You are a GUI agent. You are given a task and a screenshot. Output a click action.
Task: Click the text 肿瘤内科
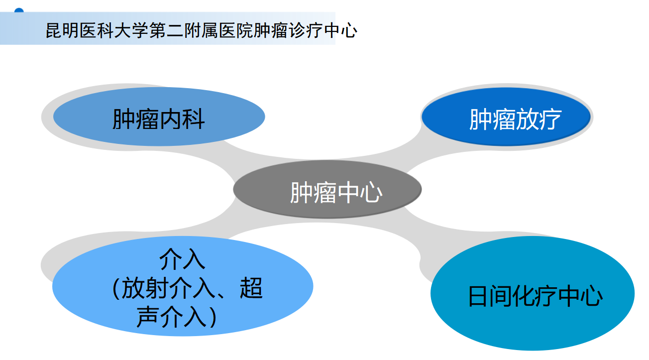click(158, 120)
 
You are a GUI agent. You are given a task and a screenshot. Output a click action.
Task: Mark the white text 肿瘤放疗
click(515, 120)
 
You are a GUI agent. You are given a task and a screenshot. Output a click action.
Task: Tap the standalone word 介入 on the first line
click(182, 259)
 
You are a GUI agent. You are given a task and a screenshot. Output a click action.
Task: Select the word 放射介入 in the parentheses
click(170, 289)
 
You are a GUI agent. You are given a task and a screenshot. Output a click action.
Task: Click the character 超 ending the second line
click(251, 289)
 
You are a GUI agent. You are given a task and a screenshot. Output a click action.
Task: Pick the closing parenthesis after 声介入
click(214, 318)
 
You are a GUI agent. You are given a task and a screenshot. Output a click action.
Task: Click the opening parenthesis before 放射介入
click(115, 289)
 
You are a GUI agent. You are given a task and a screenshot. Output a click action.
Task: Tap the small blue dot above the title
click(19, 10)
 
